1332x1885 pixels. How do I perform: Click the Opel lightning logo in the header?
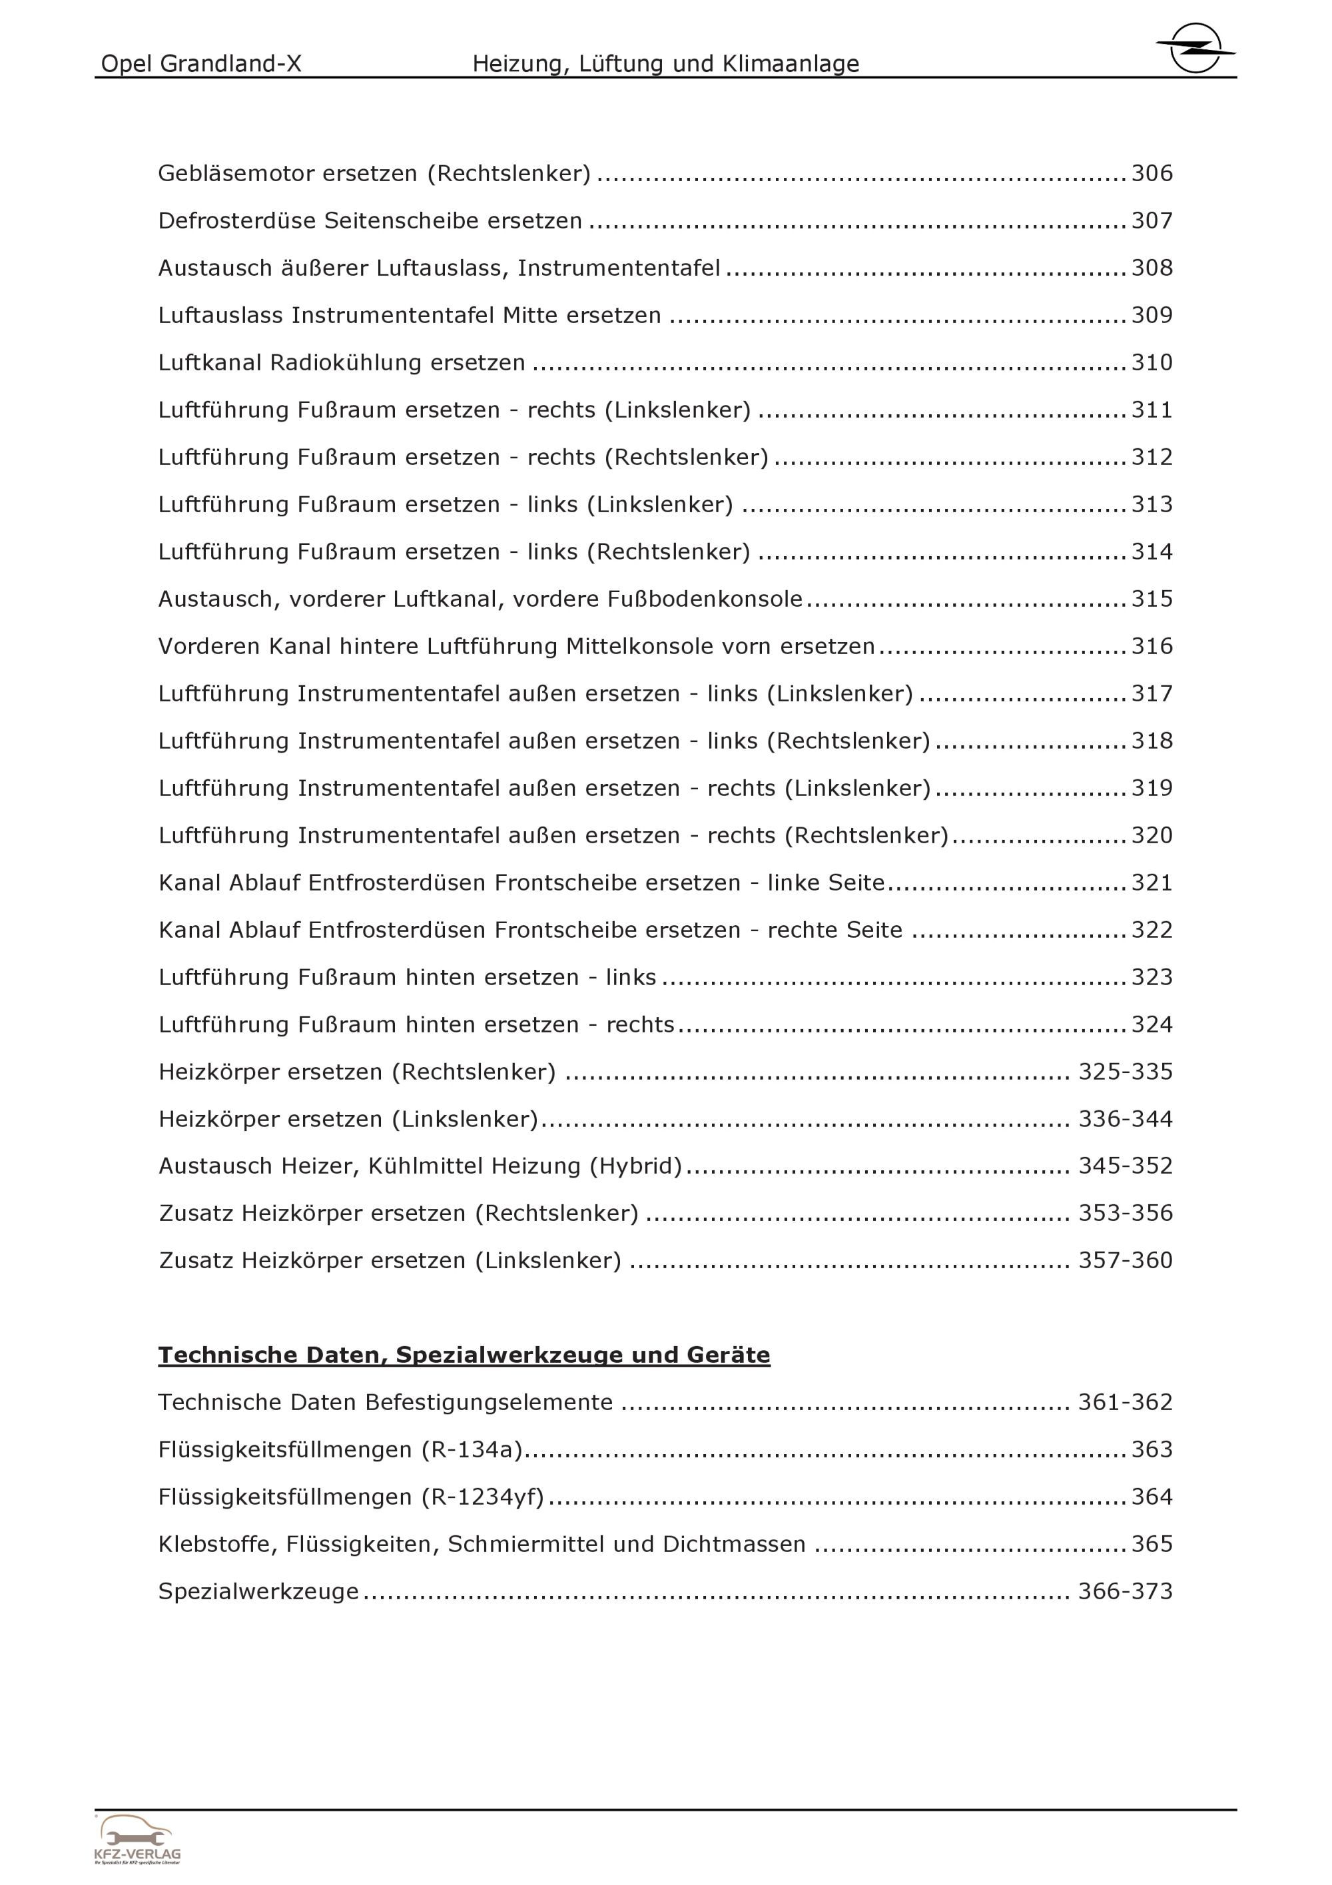1195,47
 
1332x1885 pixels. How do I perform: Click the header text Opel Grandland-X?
201,64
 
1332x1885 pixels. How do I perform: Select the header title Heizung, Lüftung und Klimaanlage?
665,64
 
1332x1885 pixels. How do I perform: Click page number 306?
1152,173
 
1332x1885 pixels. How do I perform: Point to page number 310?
1152,362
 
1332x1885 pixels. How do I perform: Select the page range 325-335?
1125,1072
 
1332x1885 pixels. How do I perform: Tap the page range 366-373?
1125,1591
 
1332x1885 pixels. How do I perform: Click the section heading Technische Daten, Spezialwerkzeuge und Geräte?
464,1355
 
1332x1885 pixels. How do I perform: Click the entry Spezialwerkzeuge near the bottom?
258,1592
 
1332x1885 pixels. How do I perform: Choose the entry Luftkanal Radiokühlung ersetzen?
342,363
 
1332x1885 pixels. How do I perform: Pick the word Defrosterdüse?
237,221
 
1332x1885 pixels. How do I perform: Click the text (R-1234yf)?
483,1497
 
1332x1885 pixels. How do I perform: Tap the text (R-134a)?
472,1450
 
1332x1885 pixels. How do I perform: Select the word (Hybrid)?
635,1166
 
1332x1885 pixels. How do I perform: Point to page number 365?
1152,1544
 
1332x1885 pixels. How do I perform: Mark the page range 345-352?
1125,1166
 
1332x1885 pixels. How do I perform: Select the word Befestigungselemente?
488,1402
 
